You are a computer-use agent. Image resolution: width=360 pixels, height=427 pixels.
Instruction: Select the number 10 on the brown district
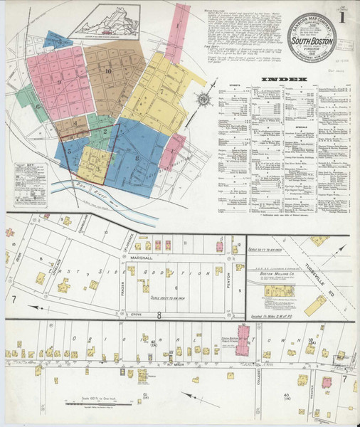(x=108, y=71)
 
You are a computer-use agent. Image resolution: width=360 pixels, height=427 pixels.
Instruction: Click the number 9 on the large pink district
(x=60, y=83)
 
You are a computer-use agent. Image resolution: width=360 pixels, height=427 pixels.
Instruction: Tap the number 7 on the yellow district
(x=162, y=92)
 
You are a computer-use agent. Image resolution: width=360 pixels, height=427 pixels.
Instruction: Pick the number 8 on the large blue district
(x=135, y=157)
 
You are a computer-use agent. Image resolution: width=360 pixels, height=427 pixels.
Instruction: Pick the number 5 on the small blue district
(x=70, y=151)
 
